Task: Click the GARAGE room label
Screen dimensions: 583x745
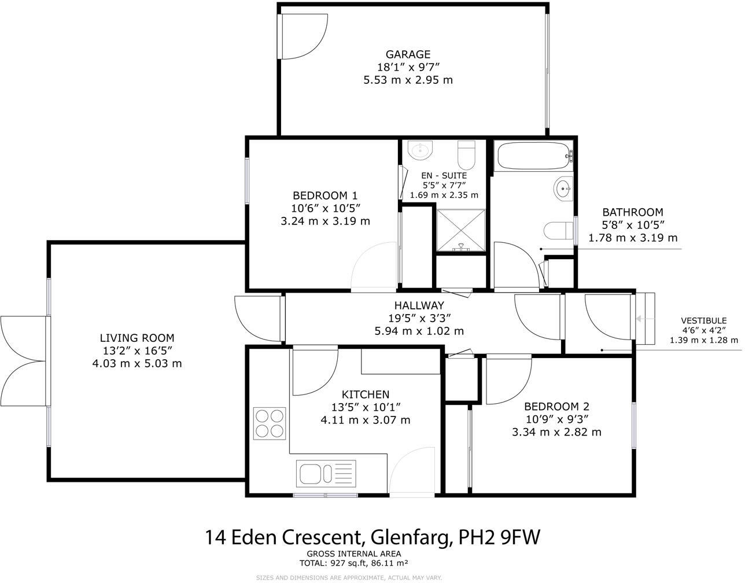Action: point(408,55)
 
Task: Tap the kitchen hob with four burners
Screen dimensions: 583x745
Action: point(270,423)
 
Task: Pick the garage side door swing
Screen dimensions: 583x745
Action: point(302,37)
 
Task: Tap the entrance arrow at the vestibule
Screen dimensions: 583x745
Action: point(641,319)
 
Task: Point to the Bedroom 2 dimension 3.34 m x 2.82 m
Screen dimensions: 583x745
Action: point(556,432)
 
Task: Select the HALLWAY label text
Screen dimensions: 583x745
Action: point(419,305)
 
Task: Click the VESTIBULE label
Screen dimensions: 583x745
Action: point(703,320)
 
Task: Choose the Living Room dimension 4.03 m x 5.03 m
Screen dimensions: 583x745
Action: point(137,363)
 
